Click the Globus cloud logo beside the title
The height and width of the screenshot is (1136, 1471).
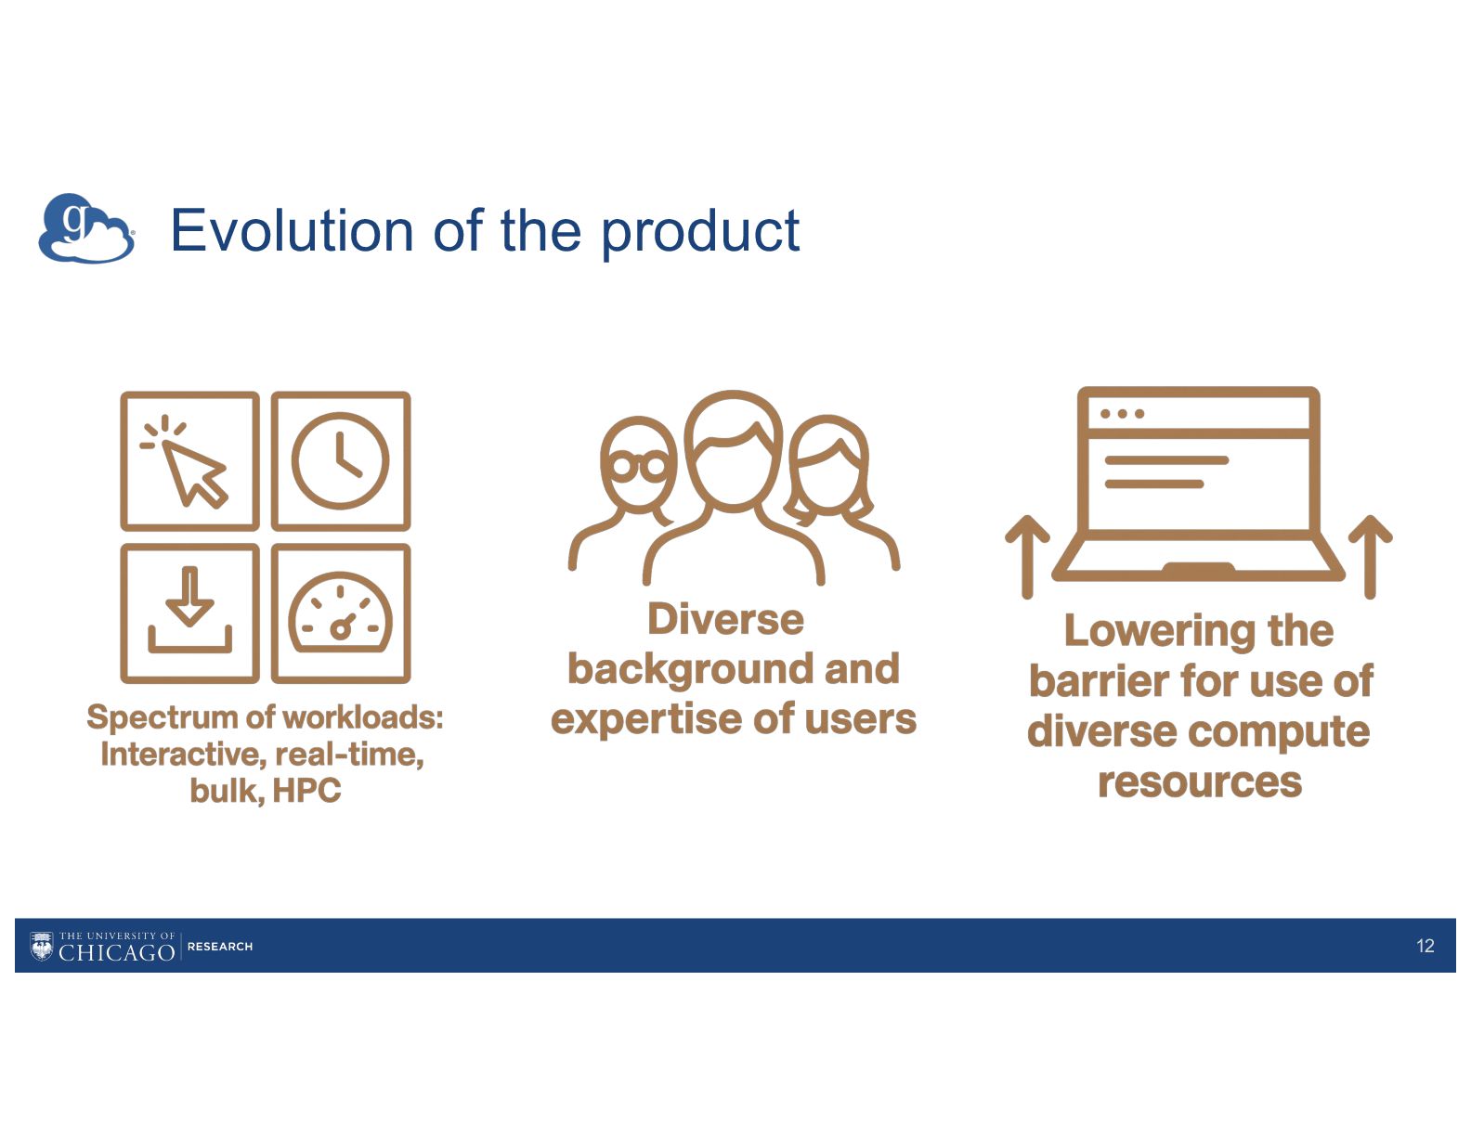(86, 228)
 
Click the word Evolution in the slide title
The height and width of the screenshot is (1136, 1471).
(292, 231)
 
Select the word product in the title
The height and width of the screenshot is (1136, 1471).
(700, 234)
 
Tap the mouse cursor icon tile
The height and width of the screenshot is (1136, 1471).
(189, 461)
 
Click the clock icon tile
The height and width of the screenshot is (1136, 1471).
(341, 461)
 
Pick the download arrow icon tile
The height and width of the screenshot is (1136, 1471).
(189, 613)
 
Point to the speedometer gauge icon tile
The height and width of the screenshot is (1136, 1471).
(341, 613)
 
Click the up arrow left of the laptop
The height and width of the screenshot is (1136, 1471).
(1027, 557)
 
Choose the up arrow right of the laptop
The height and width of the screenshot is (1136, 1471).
(1370, 557)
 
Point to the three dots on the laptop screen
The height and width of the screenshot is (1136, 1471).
(1122, 413)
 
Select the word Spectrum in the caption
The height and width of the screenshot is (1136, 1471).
(163, 717)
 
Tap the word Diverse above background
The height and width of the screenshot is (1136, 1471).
(725, 619)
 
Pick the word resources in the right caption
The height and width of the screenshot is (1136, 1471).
(1200, 782)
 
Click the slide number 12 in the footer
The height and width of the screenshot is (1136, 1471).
(1425, 946)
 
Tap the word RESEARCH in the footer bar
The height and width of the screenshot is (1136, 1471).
(220, 947)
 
